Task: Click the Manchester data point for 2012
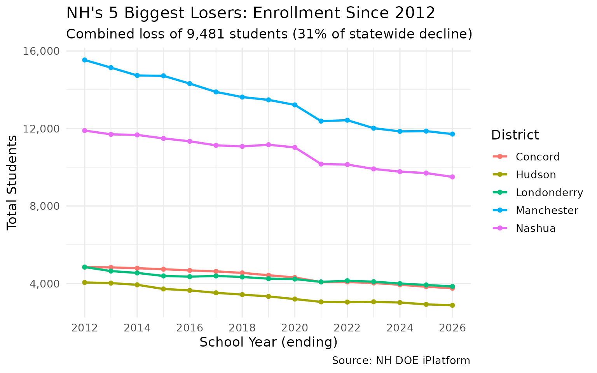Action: pyautogui.click(x=84, y=60)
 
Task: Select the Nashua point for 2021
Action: pyautogui.click(x=321, y=164)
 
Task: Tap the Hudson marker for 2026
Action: pyautogui.click(x=452, y=305)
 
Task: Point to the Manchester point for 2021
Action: pyautogui.click(x=321, y=121)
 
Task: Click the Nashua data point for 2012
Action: pyautogui.click(x=84, y=131)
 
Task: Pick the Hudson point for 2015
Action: pyautogui.click(x=163, y=289)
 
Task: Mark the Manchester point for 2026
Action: pyautogui.click(x=452, y=134)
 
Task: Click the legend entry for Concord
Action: pyautogui.click(x=538, y=157)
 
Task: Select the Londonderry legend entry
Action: pyautogui.click(x=549, y=193)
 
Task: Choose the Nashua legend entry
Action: pyautogui.click(x=536, y=228)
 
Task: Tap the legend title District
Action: pyautogui.click(x=515, y=135)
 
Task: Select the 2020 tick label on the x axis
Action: pyautogui.click(x=295, y=328)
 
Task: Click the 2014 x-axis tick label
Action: pyautogui.click(x=137, y=328)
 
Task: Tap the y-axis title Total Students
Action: pyautogui.click(x=12, y=182)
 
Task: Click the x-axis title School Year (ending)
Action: pyautogui.click(x=268, y=342)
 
